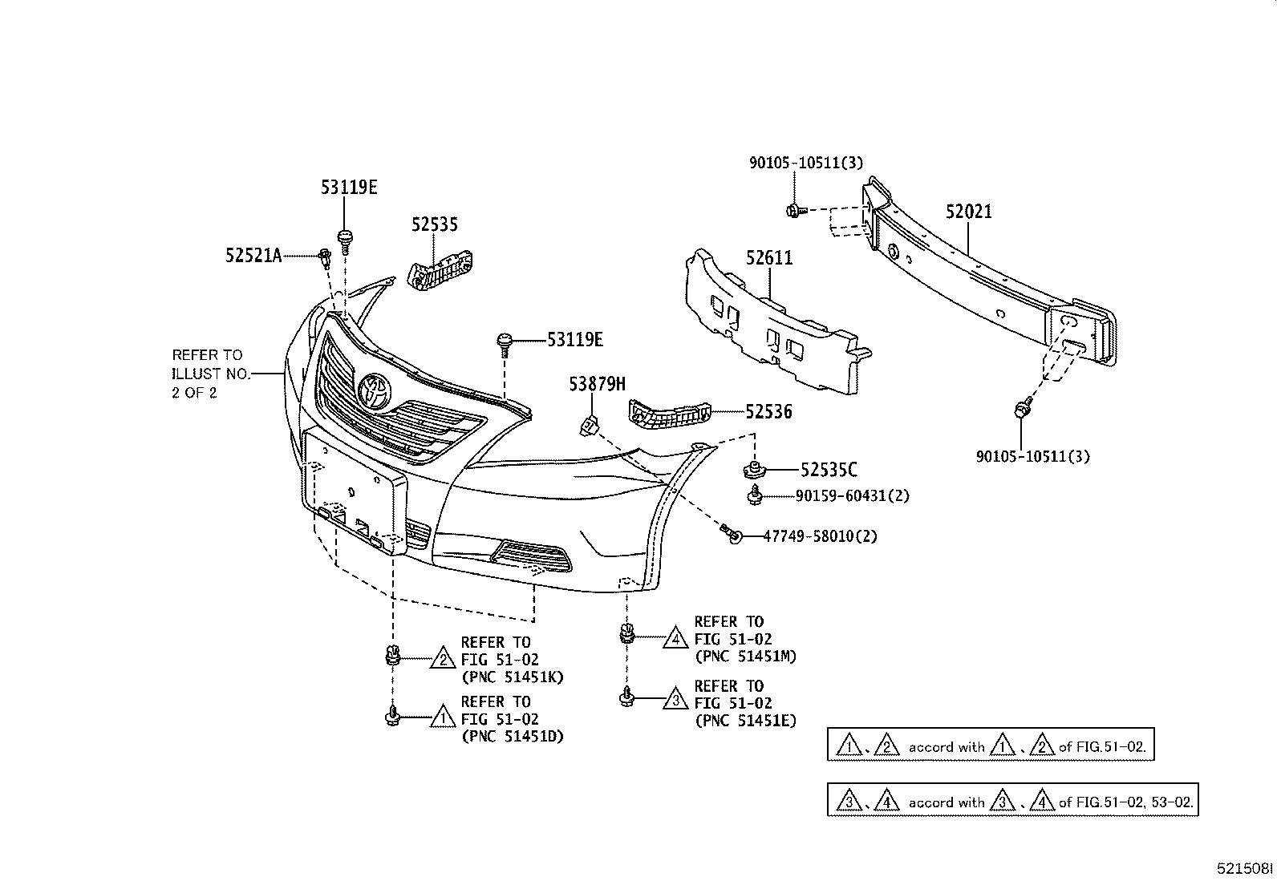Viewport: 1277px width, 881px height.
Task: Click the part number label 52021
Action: (x=968, y=212)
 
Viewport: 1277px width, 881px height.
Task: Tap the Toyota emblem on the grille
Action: (x=375, y=390)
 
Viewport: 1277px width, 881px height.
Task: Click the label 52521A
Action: (x=253, y=256)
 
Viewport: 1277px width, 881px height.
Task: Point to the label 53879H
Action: (x=597, y=385)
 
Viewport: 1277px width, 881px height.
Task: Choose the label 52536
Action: (x=768, y=412)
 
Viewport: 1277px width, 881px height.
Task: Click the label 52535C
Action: (x=828, y=470)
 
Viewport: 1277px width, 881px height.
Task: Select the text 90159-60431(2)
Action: (x=852, y=496)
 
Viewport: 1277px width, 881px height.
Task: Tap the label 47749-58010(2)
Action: (x=819, y=535)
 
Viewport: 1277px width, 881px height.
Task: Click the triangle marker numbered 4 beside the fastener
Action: (x=676, y=638)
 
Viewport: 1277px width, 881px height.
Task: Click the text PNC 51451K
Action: (x=513, y=677)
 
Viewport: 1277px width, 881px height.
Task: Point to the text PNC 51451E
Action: (x=745, y=721)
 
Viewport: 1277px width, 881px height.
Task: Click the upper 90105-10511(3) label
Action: (x=805, y=163)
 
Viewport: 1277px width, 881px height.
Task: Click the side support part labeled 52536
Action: (x=668, y=414)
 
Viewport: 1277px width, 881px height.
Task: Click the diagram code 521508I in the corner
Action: (x=1243, y=868)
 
